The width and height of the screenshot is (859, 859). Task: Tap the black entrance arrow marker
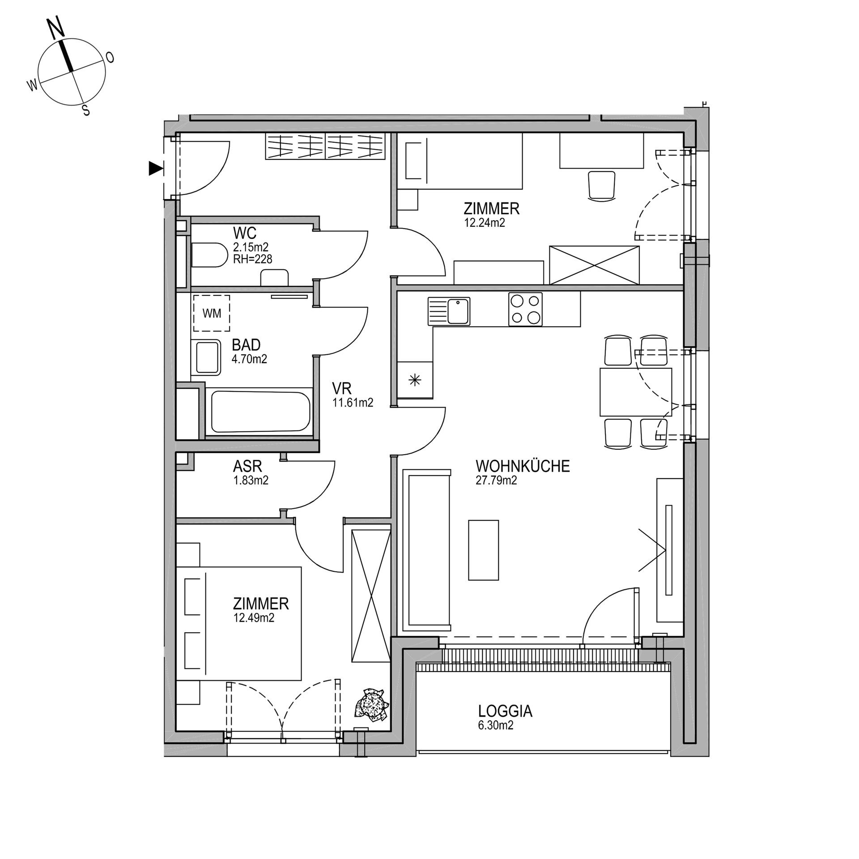tap(155, 168)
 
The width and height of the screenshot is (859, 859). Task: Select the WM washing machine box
tap(211, 313)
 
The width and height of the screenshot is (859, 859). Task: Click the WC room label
tap(245, 233)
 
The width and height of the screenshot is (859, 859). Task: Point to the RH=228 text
tap(253, 259)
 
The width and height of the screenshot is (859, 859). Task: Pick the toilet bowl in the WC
tap(209, 255)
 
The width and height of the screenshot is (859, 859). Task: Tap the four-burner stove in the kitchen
tap(525, 309)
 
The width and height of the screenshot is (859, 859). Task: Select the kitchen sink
tap(449, 311)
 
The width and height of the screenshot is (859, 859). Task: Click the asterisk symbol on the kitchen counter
tap(415, 380)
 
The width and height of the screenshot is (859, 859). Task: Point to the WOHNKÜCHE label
tap(523, 466)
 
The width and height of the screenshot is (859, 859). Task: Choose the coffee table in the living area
tap(484, 550)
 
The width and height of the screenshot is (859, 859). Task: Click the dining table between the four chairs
tap(636, 392)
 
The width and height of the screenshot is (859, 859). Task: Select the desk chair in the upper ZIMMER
tap(601, 185)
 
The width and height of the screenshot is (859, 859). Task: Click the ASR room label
tap(247, 467)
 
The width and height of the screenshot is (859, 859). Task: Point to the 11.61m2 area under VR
tap(353, 403)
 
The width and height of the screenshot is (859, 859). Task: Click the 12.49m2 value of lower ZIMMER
tap(253, 618)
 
